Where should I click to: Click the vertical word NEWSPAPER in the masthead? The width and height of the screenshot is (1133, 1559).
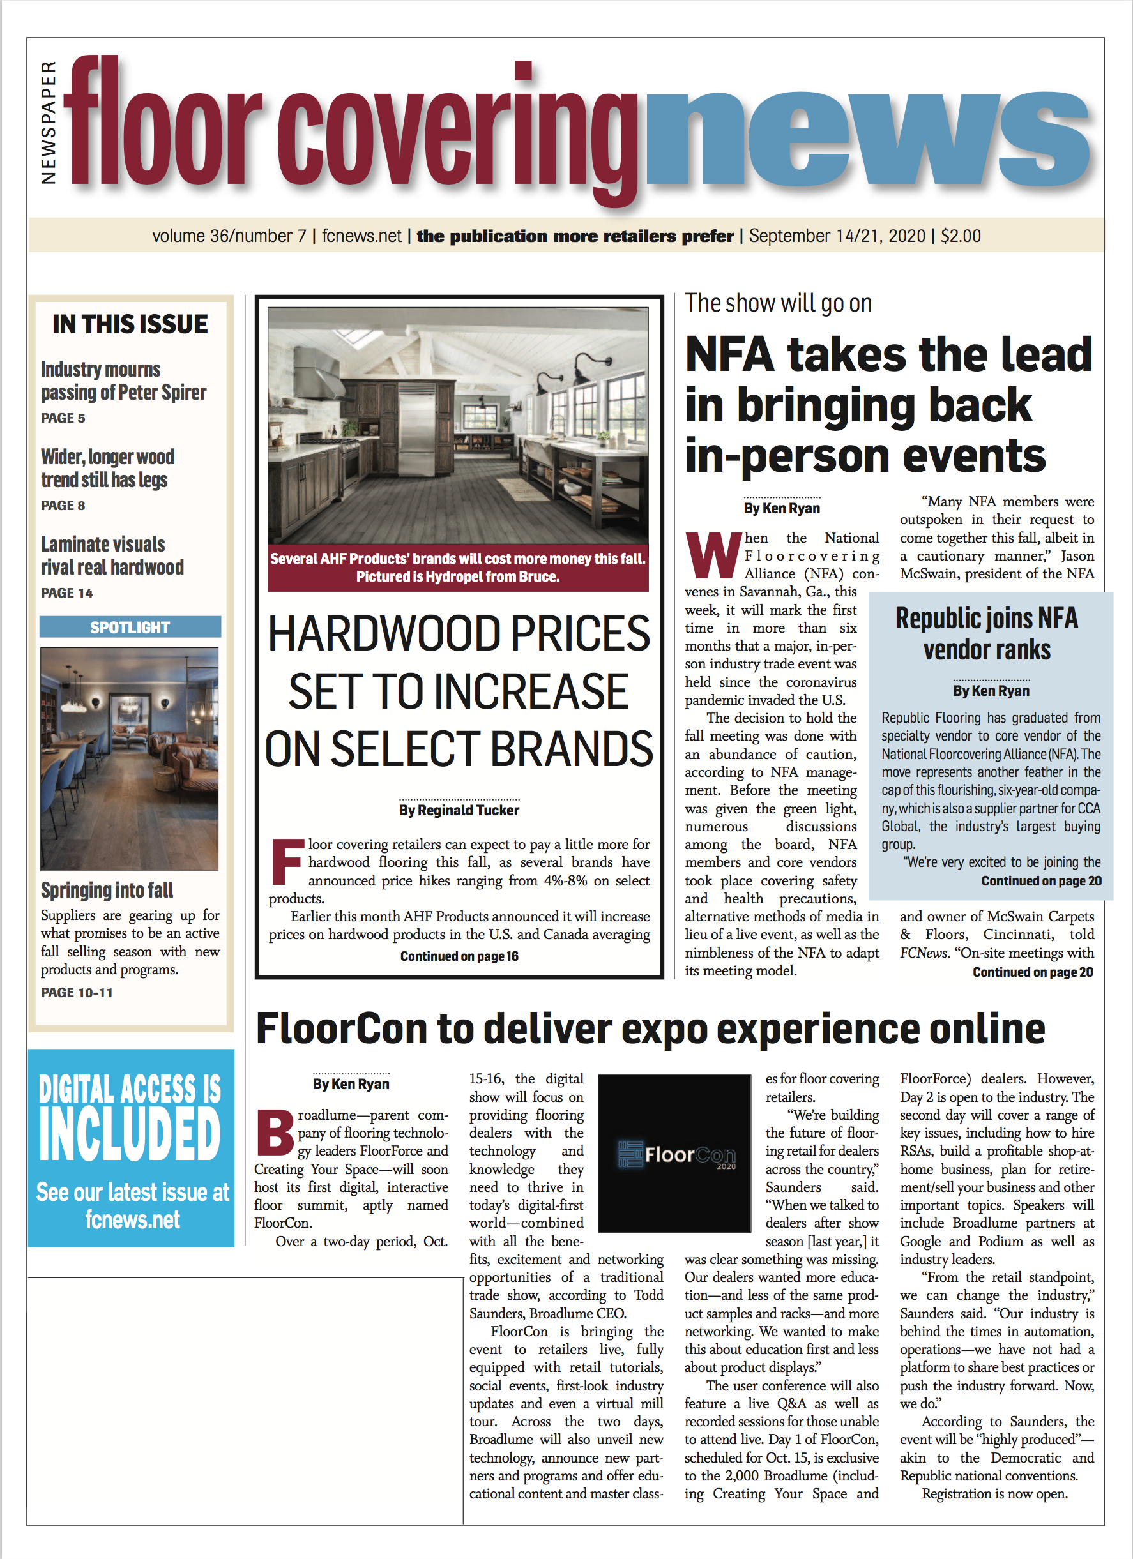coord(48,123)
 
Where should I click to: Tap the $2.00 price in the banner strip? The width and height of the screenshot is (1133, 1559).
coord(961,236)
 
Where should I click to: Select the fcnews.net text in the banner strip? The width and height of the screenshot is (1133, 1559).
coord(361,236)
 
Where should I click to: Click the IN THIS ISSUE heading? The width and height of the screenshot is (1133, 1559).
coord(130,324)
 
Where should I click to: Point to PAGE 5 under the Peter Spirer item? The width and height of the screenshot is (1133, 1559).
coord(63,418)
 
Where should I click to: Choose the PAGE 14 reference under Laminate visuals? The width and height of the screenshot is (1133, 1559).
coord(66,592)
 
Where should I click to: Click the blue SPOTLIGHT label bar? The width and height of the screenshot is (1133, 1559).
coord(130,627)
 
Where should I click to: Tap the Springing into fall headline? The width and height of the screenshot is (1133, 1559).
coord(107,890)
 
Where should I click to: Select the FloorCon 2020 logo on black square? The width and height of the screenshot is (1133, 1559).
coord(674,1154)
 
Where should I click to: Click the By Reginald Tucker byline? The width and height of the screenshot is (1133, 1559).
coord(459,810)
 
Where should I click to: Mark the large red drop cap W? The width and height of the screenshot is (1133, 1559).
coord(713,555)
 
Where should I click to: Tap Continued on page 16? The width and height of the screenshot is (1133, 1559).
coord(459,956)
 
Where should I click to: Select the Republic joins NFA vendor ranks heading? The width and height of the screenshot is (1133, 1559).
coord(987,634)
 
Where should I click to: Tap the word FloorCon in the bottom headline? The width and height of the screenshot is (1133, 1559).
coord(341,1029)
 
